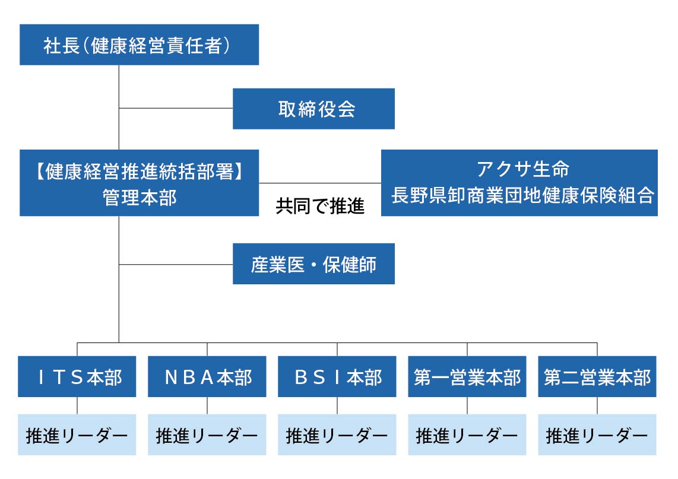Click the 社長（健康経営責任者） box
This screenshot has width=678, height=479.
(x=139, y=45)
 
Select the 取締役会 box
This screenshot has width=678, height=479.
(x=313, y=109)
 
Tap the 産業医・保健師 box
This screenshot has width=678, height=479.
(x=313, y=264)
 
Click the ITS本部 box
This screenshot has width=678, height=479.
(x=77, y=376)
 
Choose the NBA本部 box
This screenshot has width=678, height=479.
(x=207, y=376)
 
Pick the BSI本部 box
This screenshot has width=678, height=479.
(x=337, y=376)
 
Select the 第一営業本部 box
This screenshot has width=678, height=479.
(x=467, y=376)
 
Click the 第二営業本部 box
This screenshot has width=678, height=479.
(x=597, y=376)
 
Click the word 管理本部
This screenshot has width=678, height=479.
(x=139, y=197)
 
